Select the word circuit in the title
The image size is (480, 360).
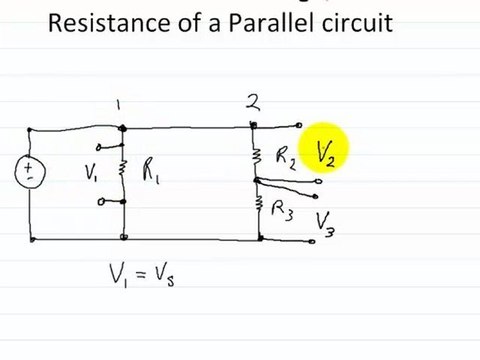[357, 22]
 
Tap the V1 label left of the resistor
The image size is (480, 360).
[93, 172]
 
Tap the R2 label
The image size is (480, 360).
[284, 157]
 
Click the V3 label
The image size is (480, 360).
[326, 223]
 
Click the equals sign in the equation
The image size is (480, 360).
[144, 272]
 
